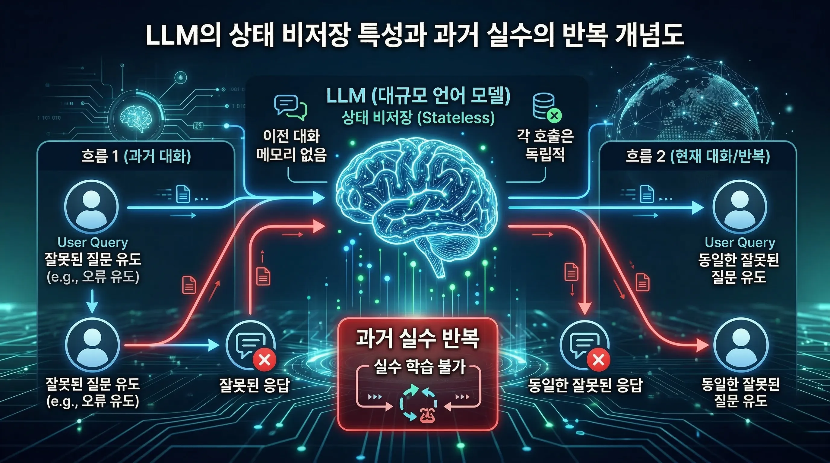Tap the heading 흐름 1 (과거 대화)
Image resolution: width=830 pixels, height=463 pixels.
pos(136,156)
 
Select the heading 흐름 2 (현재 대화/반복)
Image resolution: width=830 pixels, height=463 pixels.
pos(698,156)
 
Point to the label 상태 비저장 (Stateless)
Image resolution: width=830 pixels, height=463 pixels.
pos(418,118)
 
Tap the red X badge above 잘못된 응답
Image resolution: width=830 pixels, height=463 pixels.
pos(265,360)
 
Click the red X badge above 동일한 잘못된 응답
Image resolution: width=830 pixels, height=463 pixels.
pos(598,360)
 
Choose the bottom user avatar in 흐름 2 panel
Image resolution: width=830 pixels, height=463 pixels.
pos(741,345)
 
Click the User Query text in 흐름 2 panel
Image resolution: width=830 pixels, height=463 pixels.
pos(740,242)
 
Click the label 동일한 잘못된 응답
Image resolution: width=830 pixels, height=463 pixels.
pos(585,386)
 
